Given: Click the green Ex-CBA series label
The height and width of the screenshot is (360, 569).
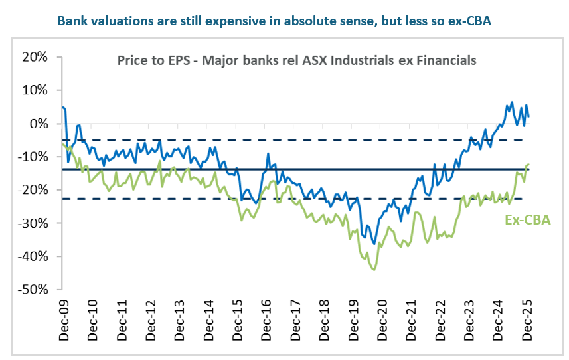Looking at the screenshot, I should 528,220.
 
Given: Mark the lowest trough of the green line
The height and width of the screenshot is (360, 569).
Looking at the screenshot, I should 374,270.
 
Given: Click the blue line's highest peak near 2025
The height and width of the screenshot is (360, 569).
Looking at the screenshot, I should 512,102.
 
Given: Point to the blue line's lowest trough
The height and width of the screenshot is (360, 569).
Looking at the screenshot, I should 375,244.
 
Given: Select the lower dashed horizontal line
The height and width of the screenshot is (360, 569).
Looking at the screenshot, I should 199,199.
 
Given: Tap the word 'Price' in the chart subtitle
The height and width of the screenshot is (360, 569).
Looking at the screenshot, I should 131,60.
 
